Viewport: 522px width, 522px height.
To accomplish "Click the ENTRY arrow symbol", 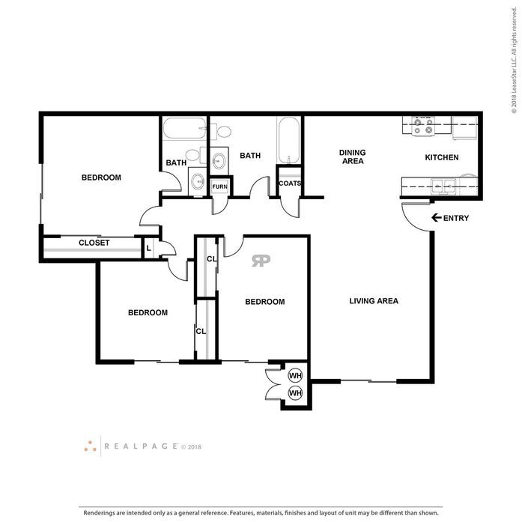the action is tap(436, 218).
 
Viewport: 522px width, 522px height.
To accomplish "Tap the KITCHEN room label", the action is tap(442, 157).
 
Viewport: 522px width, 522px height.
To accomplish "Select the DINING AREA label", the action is tap(353, 157).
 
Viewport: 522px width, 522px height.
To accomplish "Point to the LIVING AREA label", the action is tap(374, 301).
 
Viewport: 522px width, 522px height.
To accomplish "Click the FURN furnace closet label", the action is tap(219, 186).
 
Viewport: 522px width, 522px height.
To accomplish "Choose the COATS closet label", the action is tap(290, 183).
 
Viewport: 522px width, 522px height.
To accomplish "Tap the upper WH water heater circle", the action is tap(295, 376).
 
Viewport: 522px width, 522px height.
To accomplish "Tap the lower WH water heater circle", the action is tap(295, 393).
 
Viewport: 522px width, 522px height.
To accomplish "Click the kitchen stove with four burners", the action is tap(423, 126).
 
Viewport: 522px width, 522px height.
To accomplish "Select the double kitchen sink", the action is tap(443, 186).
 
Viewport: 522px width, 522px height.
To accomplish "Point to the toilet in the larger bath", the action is tap(221, 131).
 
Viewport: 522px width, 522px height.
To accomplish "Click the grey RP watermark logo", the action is tap(261, 261).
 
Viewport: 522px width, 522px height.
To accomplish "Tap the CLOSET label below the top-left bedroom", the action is tap(94, 243).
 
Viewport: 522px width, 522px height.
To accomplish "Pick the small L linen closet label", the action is tap(149, 249).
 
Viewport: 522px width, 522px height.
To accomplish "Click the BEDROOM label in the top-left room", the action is tap(101, 177).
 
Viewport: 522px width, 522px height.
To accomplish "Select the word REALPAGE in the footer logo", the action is tap(141, 446).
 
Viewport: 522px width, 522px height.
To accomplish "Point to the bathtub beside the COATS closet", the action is tap(289, 140).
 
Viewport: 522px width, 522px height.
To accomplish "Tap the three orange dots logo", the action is tap(90, 446).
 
